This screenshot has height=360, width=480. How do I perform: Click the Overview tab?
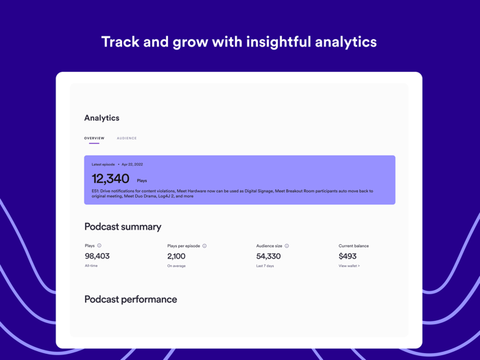95,139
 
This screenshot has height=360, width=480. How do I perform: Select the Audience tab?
127,139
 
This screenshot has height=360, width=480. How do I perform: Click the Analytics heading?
101,118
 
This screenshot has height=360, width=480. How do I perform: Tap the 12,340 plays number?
110,179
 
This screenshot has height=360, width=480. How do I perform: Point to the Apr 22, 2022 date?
132,165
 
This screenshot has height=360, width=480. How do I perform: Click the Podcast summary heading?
123,227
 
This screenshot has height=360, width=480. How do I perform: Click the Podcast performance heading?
130,300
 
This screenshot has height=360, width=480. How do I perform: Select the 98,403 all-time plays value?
97,256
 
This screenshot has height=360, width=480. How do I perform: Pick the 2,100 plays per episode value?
176,256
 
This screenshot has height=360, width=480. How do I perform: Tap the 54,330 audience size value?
268,256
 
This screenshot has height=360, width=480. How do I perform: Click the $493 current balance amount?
348,256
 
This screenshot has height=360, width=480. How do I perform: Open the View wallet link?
349,266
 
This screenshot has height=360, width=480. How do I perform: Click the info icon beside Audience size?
287,245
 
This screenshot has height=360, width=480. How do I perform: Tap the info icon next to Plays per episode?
204,245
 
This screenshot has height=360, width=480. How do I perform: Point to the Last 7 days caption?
265,266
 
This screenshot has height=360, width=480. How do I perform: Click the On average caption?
176,266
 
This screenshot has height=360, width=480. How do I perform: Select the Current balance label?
354,245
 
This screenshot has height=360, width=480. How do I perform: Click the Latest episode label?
104,165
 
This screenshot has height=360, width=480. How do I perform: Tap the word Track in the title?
120,42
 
